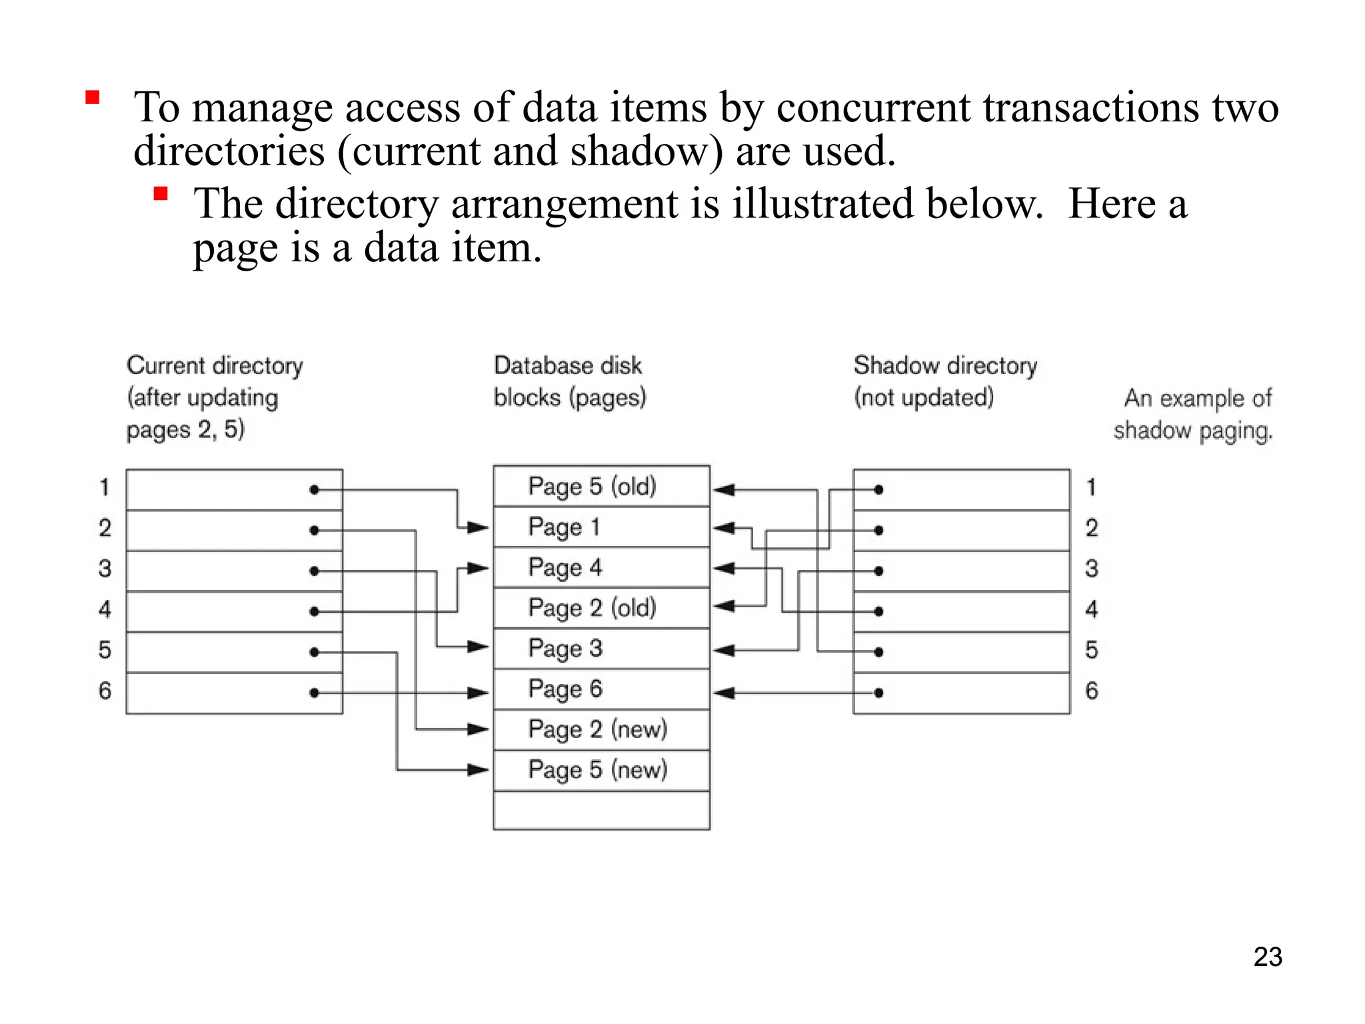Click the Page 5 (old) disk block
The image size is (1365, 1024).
(601, 486)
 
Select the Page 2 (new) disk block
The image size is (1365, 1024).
(601, 729)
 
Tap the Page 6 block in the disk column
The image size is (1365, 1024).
(601, 689)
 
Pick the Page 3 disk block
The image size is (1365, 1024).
(601, 648)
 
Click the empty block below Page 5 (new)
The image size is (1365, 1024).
(601, 810)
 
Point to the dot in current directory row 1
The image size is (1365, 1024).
(314, 490)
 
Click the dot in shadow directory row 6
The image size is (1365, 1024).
(878, 693)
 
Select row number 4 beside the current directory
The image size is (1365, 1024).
(105, 609)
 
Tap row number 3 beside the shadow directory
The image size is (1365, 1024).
(1091, 569)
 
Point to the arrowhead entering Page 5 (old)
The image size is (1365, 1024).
(724, 490)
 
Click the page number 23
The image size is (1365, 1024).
(1267, 957)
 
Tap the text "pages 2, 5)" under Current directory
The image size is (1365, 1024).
(185, 429)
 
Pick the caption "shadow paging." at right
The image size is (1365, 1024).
(1192, 431)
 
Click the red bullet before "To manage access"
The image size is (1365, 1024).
(93, 99)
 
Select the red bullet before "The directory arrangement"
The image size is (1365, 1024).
(160, 194)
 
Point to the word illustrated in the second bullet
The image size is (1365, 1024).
(823, 204)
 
